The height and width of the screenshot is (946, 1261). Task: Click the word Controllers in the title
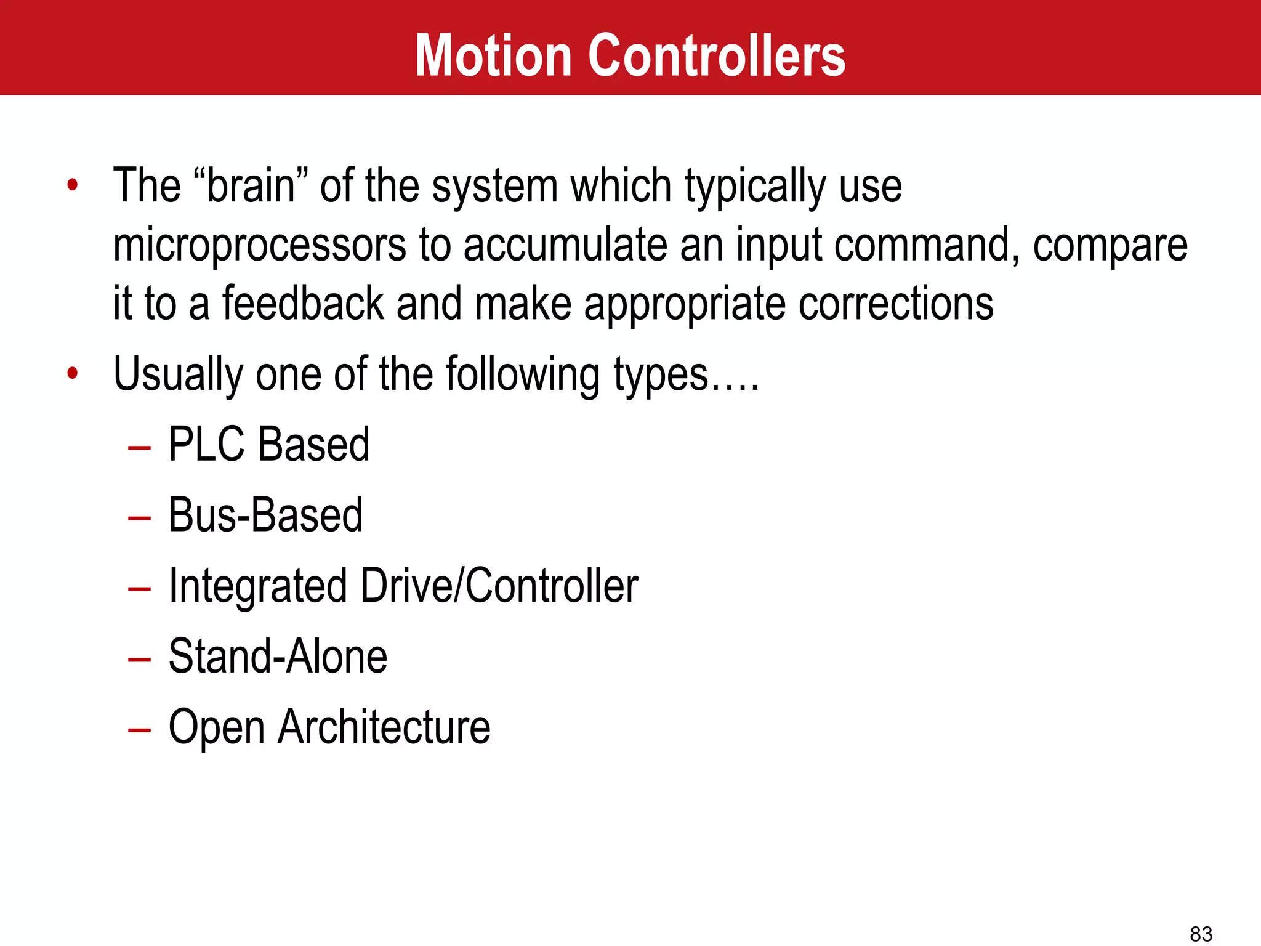(x=717, y=56)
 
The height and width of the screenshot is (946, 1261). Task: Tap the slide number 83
(x=1201, y=934)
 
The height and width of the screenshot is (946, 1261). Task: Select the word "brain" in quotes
(x=250, y=185)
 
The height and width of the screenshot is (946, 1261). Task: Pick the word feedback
(x=303, y=304)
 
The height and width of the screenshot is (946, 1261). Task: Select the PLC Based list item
(x=268, y=444)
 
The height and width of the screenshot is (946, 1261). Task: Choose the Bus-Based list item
(x=265, y=515)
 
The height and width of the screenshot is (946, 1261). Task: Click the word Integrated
(x=258, y=586)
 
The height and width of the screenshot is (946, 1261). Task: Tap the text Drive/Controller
(x=499, y=586)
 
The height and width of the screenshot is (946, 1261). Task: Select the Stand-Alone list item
(x=278, y=657)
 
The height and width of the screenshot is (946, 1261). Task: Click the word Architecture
(x=384, y=727)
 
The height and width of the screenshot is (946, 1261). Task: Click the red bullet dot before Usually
(x=73, y=373)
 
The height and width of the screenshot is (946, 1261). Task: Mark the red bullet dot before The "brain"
(x=73, y=184)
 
